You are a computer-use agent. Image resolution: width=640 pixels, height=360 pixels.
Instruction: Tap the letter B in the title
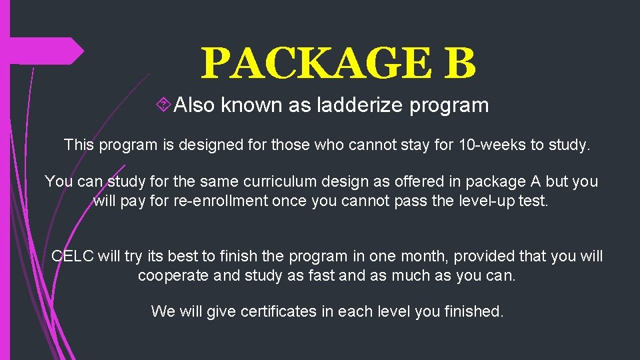pos(459,63)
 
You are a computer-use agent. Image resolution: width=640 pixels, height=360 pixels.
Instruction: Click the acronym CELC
pos(73,256)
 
